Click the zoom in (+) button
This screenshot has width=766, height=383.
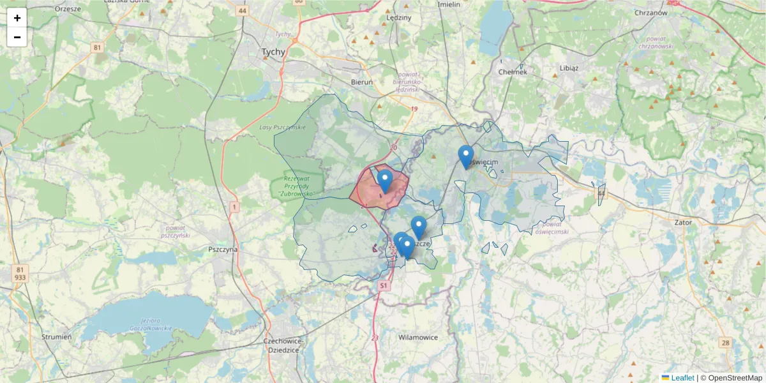tap(17, 18)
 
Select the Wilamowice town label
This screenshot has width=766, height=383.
tap(417, 337)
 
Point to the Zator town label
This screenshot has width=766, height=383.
tap(683, 223)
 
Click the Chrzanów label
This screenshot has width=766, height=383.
tap(651, 12)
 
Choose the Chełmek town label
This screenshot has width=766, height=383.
tap(513, 72)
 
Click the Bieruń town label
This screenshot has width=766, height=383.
tap(362, 82)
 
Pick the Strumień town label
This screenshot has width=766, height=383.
tap(56, 336)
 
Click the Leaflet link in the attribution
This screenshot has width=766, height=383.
tap(682, 378)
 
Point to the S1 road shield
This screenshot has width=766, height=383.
tap(383, 287)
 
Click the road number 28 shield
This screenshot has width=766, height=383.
tap(726, 343)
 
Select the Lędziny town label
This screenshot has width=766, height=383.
tap(399, 18)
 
